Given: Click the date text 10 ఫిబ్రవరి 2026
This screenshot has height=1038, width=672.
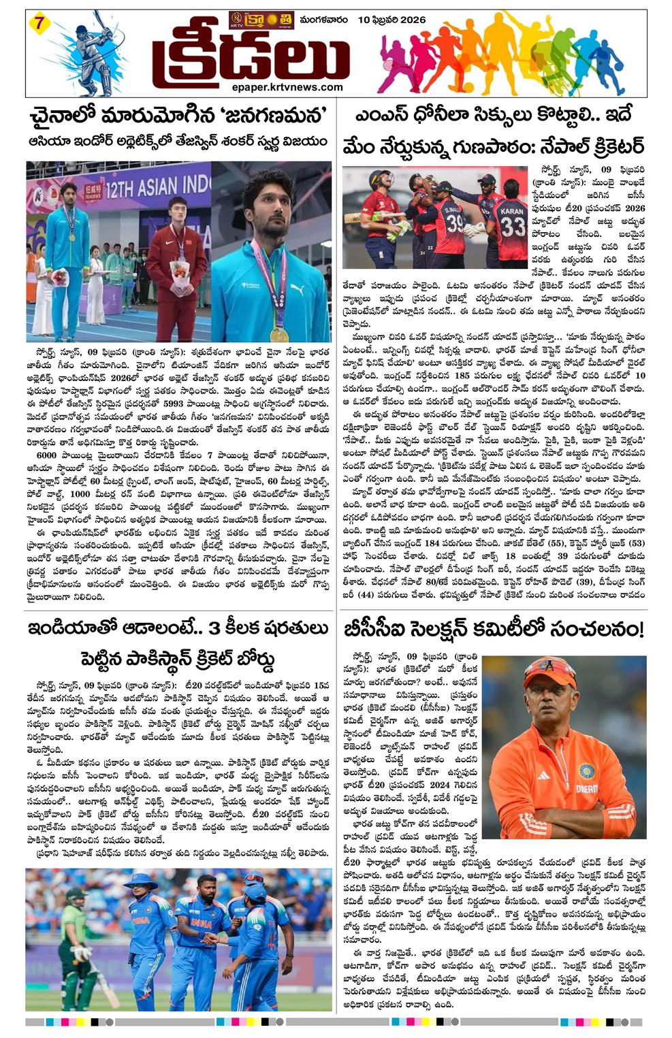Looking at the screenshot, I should tap(391, 20).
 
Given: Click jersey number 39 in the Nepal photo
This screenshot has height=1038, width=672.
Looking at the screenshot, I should tap(455, 223).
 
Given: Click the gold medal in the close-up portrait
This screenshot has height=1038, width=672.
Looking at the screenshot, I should tap(279, 334).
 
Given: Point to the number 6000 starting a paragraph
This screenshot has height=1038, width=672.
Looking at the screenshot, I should tap(51, 474).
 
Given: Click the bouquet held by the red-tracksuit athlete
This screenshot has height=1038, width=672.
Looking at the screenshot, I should tap(179, 271).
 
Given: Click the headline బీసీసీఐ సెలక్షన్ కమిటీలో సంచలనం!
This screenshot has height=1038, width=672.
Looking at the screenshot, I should tap(493, 630).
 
